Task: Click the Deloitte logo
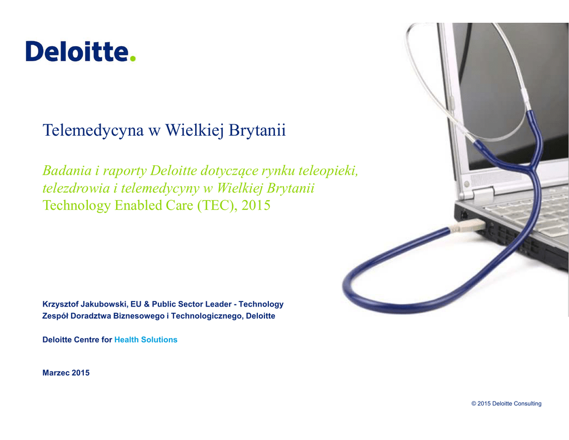click(81, 51)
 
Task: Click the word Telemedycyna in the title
click(93, 130)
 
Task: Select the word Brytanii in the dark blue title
click(257, 130)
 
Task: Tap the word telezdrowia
click(76, 188)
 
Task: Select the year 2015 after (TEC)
click(256, 205)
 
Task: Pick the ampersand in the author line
click(146, 304)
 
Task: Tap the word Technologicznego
click(206, 316)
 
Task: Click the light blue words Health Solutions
click(146, 340)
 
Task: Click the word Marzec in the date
click(56, 373)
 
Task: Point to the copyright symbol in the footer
click(473, 403)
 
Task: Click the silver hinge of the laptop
click(482, 192)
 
